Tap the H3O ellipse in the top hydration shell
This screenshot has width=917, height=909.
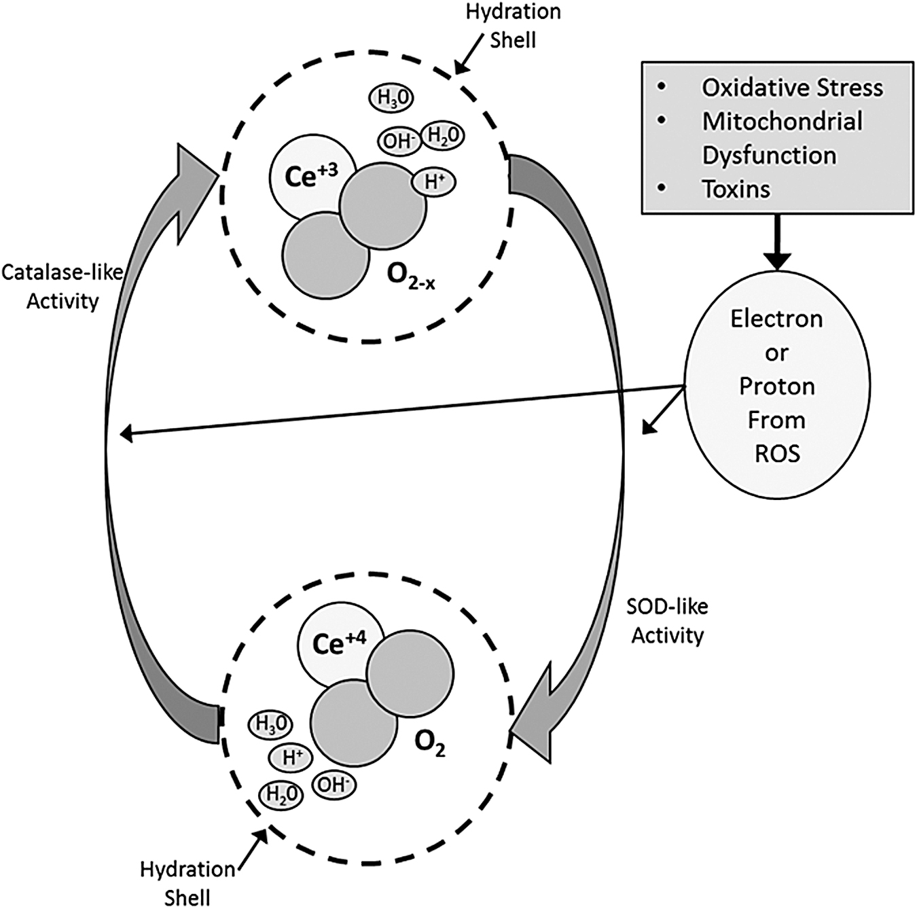391,99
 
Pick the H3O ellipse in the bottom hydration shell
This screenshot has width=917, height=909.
270,725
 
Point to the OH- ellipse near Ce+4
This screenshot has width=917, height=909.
335,784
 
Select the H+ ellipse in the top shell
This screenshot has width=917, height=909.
433,182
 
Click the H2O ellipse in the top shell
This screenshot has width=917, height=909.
443,136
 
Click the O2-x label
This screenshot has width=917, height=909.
411,276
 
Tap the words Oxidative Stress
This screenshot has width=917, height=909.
792,88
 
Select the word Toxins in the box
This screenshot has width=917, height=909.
736,190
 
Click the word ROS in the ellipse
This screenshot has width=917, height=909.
777,454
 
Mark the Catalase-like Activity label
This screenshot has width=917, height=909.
62,287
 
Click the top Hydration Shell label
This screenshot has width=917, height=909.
513,26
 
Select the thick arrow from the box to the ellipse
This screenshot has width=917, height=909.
778,241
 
